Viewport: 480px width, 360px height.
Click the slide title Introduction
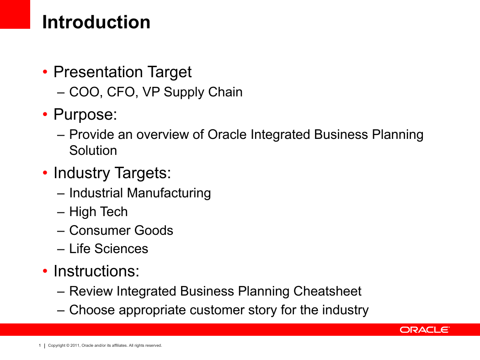tap(96, 22)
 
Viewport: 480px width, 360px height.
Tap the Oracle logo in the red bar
tap(424, 330)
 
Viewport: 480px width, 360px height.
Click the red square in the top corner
tap(15, 14)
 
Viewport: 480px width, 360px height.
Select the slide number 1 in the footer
tap(40, 345)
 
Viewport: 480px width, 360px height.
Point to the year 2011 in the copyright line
tap(75, 345)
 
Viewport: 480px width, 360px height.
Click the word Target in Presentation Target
tap(170, 73)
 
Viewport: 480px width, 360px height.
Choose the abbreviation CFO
tap(122, 92)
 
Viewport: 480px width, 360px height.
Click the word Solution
tap(93, 150)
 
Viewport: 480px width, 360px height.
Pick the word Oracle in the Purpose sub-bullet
tap(227, 135)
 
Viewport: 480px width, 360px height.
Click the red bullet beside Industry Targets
tap(45, 173)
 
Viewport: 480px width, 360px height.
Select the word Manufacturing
tap(169, 193)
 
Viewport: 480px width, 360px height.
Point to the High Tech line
tap(99, 212)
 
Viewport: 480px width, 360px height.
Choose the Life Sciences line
tap(109, 249)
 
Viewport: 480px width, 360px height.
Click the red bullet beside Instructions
tap(45, 271)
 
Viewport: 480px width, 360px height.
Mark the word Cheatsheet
tap(327, 291)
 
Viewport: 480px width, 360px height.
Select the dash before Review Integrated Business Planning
tap(61, 292)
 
